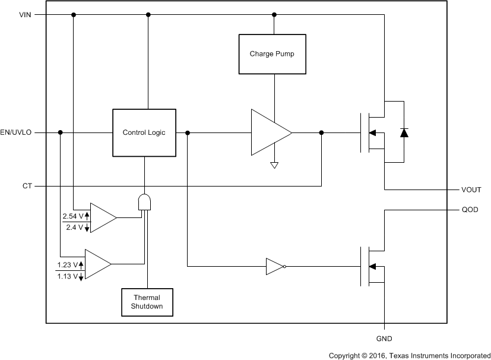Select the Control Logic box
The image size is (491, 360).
144,132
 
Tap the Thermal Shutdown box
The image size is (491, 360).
148,302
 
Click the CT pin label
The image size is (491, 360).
27,186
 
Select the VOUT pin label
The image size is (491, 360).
471,190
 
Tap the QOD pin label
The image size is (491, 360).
469,210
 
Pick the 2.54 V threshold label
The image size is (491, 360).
73,216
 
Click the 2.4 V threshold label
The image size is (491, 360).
75,227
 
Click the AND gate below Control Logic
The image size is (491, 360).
144,203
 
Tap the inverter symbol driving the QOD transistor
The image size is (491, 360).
276,267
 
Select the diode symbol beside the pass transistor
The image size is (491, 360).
404,132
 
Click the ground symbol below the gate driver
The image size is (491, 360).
274,166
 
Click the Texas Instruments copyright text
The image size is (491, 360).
409,355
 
